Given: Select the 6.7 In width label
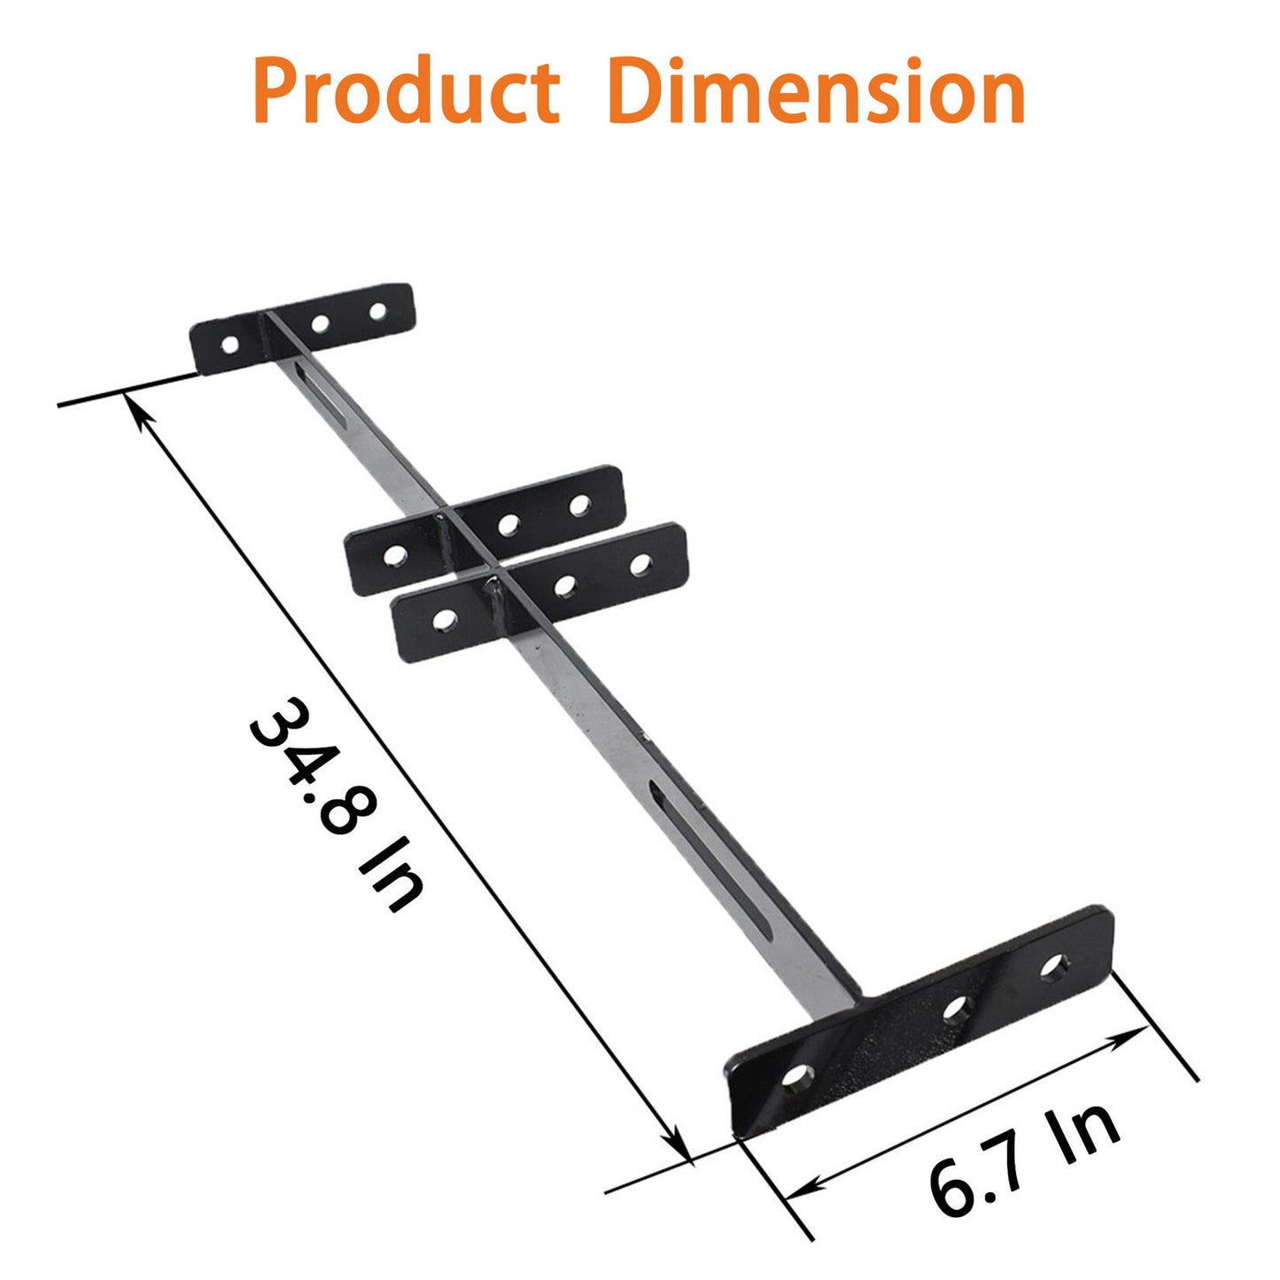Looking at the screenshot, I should pyautogui.click(x=1024, y=1160).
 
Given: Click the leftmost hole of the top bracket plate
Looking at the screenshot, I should pyautogui.click(x=229, y=344).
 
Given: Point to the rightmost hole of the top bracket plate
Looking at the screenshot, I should pyautogui.click(x=378, y=312).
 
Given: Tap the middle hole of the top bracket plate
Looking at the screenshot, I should pyautogui.click(x=321, y=324).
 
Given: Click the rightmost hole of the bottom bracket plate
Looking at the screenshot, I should pyautogui.click(x=1053, y=966).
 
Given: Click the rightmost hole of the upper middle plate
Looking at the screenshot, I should pyautogui.click(x=580, y=505).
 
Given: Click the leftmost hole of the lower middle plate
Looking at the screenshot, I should pyautogui.click(x=445, y=619).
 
